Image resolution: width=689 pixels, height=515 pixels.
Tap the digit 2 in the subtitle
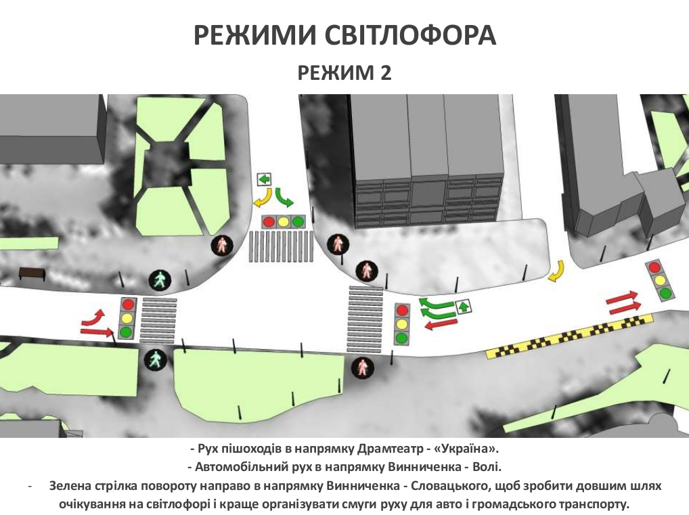coord(385,73)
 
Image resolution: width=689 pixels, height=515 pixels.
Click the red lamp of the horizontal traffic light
coord(269,221)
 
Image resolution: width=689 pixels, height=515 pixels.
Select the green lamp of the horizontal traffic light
coord(298,221)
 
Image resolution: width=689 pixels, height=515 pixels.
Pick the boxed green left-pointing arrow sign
coord(264,179)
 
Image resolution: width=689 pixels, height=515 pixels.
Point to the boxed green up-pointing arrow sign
coord(464,307)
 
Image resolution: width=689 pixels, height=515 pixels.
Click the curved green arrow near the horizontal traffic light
coord(284,198)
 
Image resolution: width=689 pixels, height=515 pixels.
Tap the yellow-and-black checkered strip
coord(569,336)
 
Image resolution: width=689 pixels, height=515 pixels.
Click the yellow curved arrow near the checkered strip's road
coord(558,271)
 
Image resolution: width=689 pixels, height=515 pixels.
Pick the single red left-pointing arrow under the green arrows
coord(441,325)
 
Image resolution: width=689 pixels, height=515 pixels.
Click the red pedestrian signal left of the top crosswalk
coord(222,245)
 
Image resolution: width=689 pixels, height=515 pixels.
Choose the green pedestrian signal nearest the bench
coord(160,280)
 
